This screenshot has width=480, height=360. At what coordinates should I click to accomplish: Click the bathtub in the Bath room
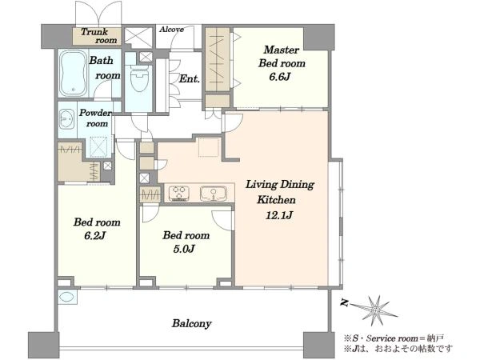(73, 74)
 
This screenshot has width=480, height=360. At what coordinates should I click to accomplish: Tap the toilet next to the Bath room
(139, 78)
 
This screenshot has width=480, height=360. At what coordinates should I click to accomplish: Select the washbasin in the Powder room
(66, 118)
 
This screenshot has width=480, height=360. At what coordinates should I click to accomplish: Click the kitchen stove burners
(178, 194)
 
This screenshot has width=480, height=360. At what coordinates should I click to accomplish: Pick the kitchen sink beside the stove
(214, 194)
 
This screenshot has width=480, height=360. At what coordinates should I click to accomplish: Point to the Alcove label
(171, 30)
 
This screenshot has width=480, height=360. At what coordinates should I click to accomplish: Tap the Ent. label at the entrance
(189, 78)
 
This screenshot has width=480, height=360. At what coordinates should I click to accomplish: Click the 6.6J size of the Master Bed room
(279, 77)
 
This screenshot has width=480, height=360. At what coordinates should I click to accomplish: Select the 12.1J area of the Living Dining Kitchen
(279, 215)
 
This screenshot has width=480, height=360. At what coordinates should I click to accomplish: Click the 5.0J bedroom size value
(184, 249)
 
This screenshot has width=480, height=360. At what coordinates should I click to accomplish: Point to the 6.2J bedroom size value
(95, 236)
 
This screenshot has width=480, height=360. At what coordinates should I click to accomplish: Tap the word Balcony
(192, 323)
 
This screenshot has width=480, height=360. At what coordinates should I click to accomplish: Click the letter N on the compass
(345, 303)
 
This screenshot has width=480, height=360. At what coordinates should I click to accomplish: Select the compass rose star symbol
(374, 310)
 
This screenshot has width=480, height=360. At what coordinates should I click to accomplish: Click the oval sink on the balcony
(66, 297)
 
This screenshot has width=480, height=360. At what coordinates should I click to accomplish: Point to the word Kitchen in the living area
(276, 200)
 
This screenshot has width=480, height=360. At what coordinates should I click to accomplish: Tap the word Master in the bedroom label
(281, 50)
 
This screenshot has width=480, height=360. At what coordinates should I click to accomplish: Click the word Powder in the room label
(95, 113)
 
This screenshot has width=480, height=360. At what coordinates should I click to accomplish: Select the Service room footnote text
(394, 338)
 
